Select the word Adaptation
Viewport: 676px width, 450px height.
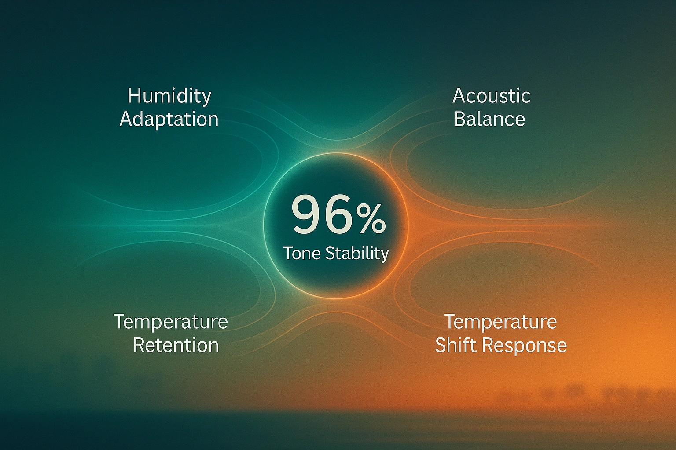(x=169, y=120)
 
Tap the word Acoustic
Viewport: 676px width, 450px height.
(x=491, y=96)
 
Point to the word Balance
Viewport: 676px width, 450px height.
(x=489, y=119)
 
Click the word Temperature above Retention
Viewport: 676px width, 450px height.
(x=171, y=322)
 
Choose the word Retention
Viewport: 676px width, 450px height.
(x=176, y=345)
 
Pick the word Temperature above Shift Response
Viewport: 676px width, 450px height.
(x=500, y=322)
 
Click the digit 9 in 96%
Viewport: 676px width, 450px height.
(x=306, y=214)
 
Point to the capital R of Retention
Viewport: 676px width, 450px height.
(x=139, y=345)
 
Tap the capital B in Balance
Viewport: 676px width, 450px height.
(x=459, y=119)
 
